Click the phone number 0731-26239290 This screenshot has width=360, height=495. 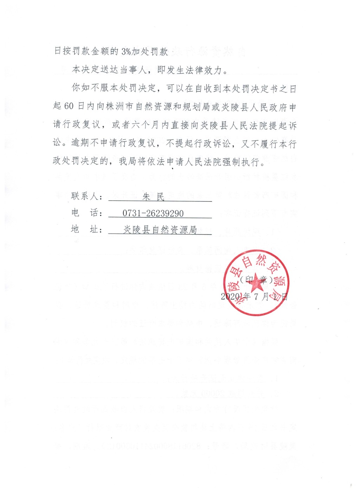(x=153, y=213)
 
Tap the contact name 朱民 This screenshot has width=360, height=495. (x=153, y=197)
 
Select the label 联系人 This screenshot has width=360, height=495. (x=84, y=196)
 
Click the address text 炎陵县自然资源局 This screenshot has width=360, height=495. (x=160, y=230)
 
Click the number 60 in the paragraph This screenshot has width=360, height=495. (x=69, y=106)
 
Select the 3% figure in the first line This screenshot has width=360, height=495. (x=126, y=51)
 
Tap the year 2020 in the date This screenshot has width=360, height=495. (x=230, y=296)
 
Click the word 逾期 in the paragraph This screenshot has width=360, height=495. (x=81, y=143)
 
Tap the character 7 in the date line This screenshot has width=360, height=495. (x=256, y=296)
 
